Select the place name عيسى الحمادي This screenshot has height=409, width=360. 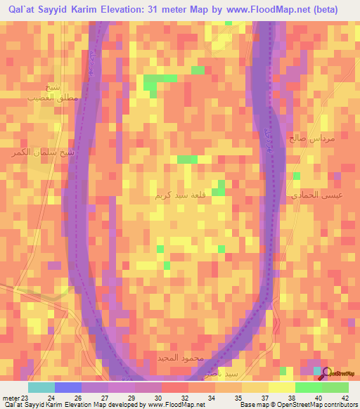pos(318,193)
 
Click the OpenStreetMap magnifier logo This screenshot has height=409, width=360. pos(327,372)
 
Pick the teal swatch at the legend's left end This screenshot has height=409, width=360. pos(41,387)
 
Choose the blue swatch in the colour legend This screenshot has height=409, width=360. pos(67,387)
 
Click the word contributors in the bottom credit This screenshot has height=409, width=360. pos(338,405)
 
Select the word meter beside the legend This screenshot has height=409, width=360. pos(11,397)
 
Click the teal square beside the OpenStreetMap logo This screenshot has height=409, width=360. pos(317,370)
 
